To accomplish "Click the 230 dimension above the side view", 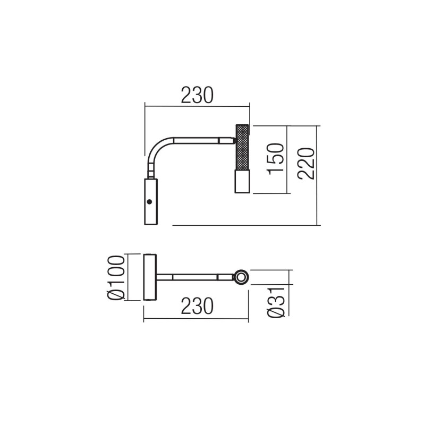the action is click(x=197, y=95).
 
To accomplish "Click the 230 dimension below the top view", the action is click(x=197, y=306).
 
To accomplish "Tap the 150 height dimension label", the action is click(x=276, y=159).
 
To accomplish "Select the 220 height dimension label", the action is click(x=307, y=164).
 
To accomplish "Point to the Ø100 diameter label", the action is click(x=116, y=277).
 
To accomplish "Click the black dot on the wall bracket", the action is click(x=149, y=202).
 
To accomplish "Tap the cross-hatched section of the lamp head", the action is click(x=242, y=147).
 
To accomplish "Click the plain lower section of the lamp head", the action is click(x=242, y=181).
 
